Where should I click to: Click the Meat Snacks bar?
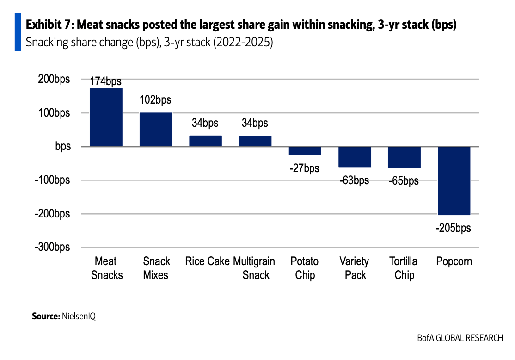[106, 117]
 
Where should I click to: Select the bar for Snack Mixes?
[156, 130]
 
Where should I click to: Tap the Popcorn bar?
[454, 181]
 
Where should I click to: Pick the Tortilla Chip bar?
[404, 157]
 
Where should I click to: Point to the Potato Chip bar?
[305, 151]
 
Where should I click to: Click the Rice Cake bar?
[205, 141]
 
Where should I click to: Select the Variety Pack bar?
[355, 157]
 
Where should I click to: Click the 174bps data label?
[106, 81]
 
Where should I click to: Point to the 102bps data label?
[156, 99]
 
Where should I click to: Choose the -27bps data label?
[304, 168]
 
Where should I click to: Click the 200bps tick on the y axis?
[54, 79]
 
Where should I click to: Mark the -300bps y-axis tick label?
[52, 248]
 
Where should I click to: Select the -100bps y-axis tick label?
[52, 180]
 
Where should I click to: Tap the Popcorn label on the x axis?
[454, 261]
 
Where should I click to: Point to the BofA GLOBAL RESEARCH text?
[460, 338]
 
